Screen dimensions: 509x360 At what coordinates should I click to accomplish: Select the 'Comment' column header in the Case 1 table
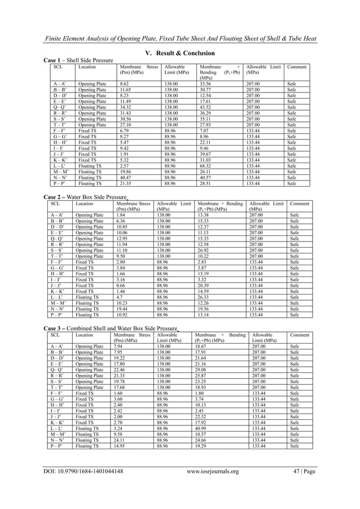pos(297,67)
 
